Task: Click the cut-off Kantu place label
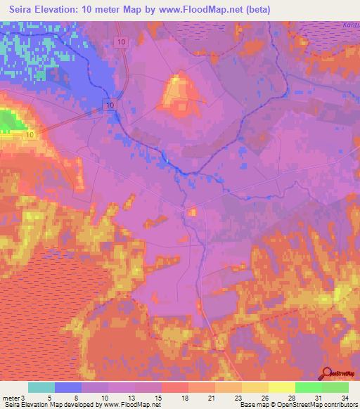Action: (x=349, y=26)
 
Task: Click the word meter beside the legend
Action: (x=11, y=398)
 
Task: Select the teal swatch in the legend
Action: (x=41, y=387)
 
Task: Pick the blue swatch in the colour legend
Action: (x=68, y=387)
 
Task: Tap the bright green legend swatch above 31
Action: (x=309, y=387)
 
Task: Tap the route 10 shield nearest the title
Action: (x=122, y=43)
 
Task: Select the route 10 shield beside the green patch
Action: (x=30, y=134)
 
